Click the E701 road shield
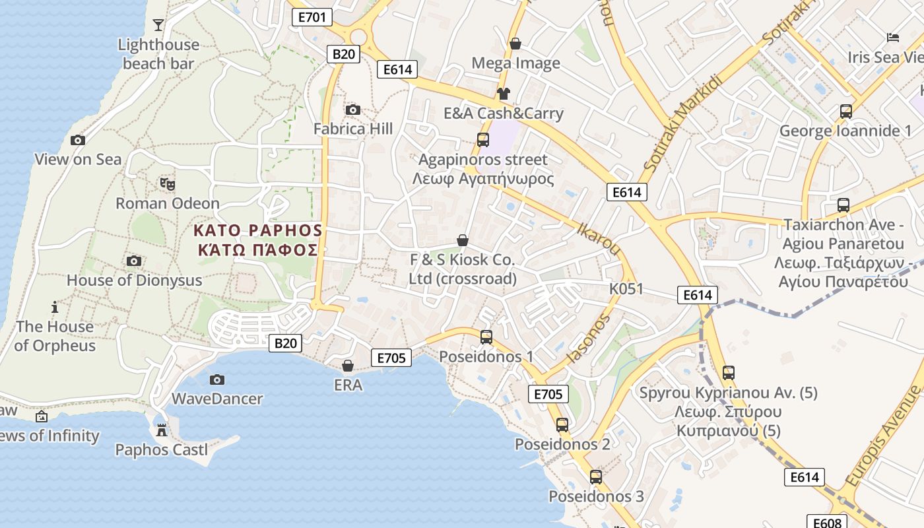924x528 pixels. tap(312, 17)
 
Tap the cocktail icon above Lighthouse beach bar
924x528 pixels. tap(158, 25)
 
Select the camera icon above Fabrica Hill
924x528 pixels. tap(353, 110)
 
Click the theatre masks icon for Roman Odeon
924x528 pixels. tap(167, 183)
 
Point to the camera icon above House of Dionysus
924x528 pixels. tap(134, 261)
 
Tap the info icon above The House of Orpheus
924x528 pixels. tap(55, 307)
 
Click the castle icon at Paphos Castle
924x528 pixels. tap(161, 431)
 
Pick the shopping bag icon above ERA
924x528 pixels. tap(348, 365)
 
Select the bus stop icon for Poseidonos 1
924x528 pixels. tap(486, 337)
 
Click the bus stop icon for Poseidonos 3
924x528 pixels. tap(596, 477)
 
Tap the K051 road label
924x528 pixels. tap(626, 289)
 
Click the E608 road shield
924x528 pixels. tap(827, 523)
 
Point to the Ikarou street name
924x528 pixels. tap(599, 239)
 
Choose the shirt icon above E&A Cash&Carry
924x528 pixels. tap(504, 94)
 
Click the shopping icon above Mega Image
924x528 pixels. tap(515, 44)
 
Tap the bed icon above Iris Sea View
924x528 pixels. tap(893, 38)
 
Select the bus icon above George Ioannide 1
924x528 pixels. tap(846, 111)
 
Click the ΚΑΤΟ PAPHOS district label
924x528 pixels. tap(258, 230)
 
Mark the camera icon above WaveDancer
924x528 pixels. tap(217, 379)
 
